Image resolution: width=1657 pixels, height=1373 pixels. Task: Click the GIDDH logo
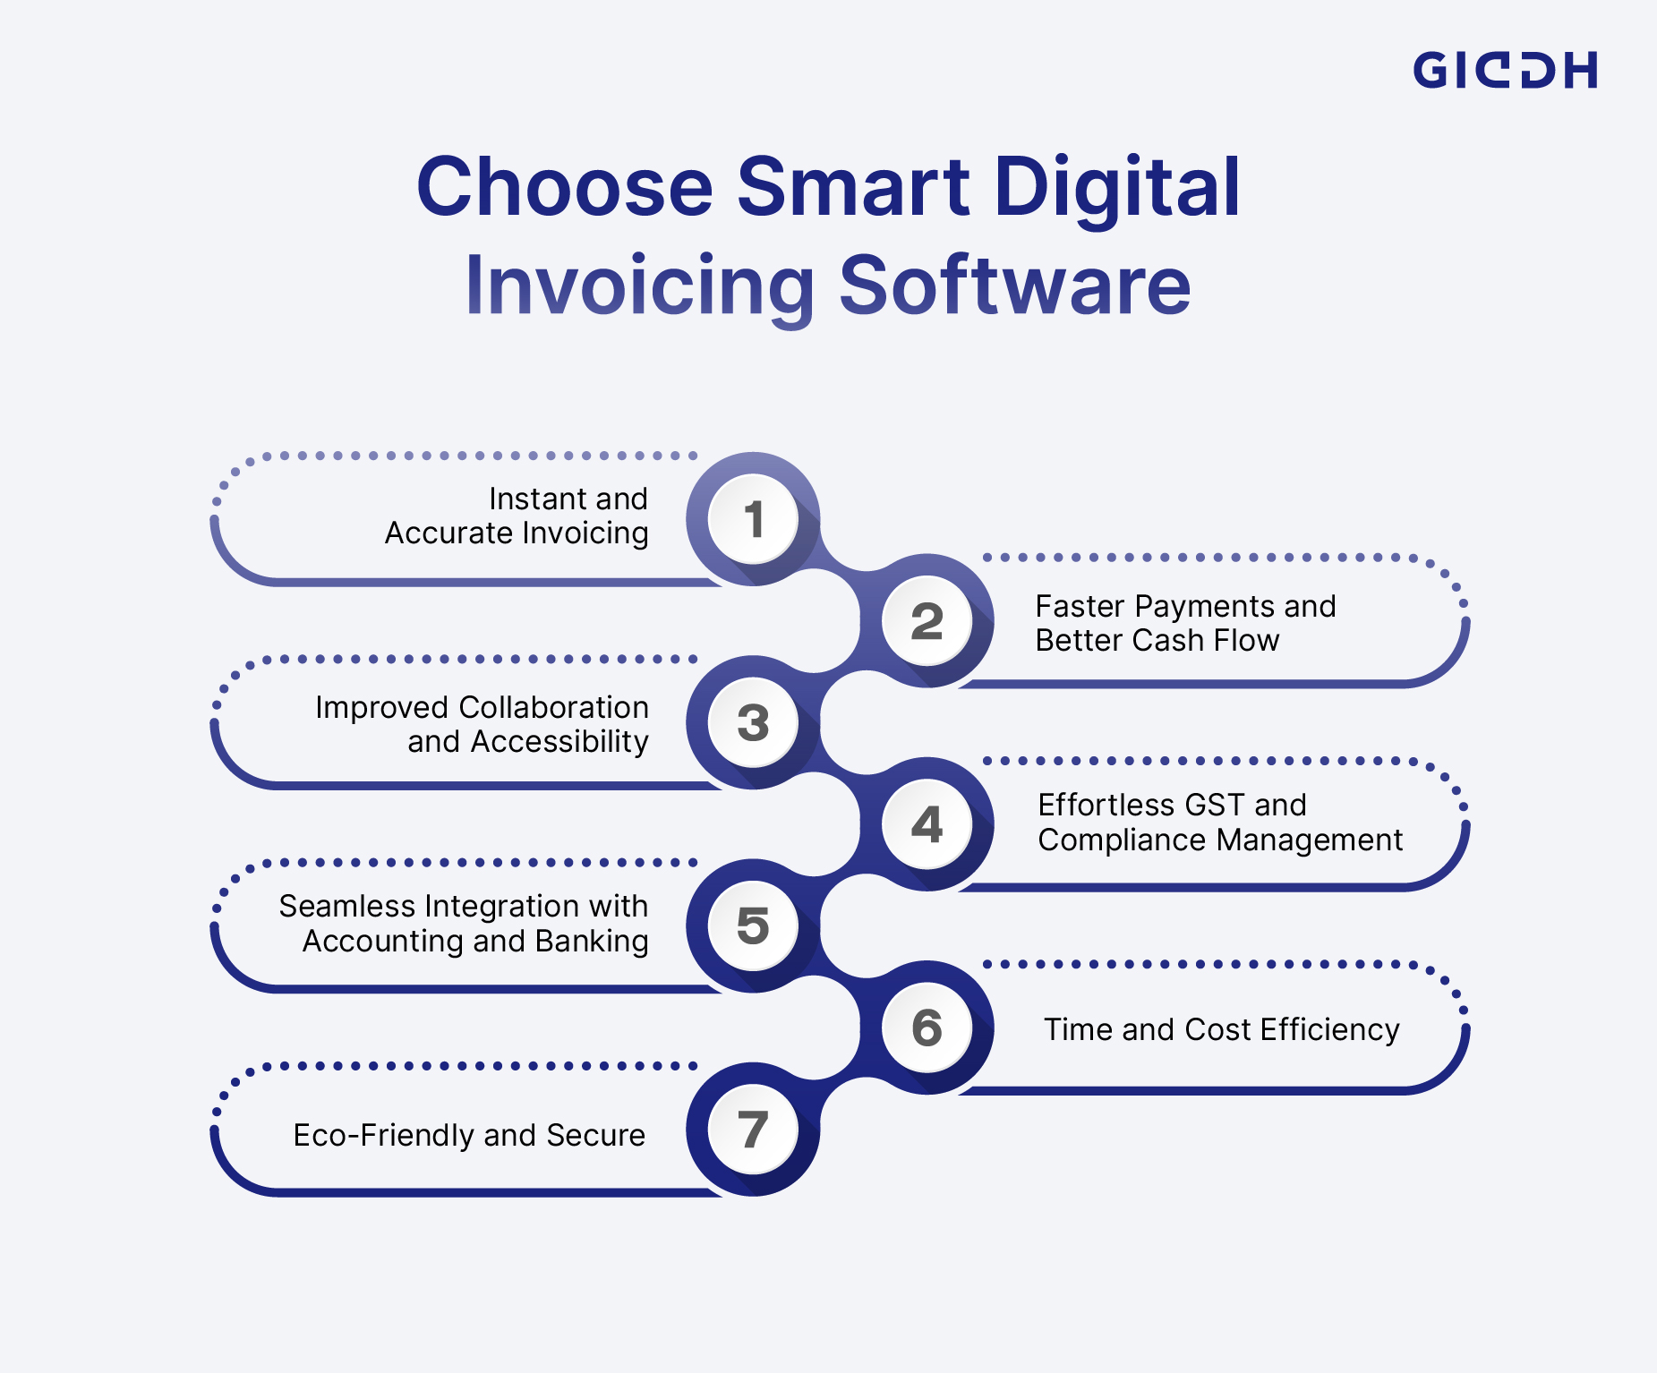pyautogui.click(x=1504, y=70)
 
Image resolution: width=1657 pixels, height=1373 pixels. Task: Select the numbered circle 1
pyautogui.click(x=753, y=519)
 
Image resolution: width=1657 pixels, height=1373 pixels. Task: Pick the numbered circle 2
pyautogui.click(x=927, y=621)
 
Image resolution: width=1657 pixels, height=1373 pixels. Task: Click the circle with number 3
pyautogui.click(x=753, y=722)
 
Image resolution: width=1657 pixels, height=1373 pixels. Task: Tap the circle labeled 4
pyautogui.click(x=927, y=824)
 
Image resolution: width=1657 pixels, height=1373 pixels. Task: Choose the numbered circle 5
pyautogui.click(x=753, y=925)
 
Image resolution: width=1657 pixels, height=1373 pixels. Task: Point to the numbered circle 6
pyautogui.click(x=927, y=1028)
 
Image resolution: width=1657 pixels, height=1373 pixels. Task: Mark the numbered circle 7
pyautogui.click(x=753, y=1129)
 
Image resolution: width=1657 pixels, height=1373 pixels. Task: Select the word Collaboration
pyautogui.click(x=553, y=707)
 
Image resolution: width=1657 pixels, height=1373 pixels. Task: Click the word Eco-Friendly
pyautogui.click(x=385, y=1135)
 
